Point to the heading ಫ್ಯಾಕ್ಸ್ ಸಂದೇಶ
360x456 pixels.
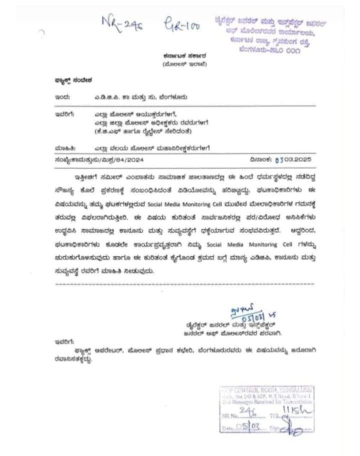click(x=70, y=80)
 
